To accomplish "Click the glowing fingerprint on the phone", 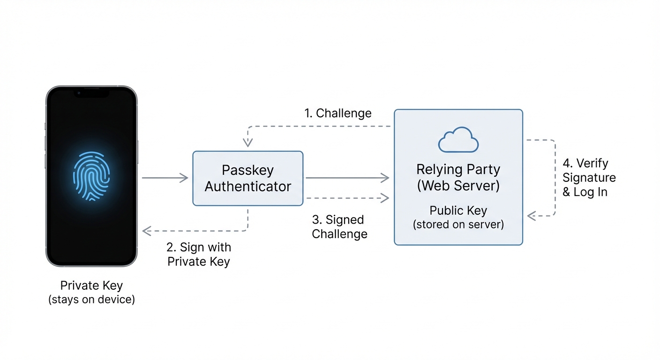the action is [x=91, y=176].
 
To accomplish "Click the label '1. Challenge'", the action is [x=337, y=113].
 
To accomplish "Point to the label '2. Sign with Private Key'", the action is [x=199, y=254].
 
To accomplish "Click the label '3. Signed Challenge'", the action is [x=339, y=226].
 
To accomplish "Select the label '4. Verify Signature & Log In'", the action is [x=589, y=178].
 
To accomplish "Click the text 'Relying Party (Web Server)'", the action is [x=458, y=177].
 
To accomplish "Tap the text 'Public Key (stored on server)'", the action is [x=458, y=217].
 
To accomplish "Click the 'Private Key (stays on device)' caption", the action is [x=91, y=292].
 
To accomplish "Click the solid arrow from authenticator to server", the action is [x=347, y=178].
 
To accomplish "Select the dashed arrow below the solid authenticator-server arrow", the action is [x=347, y=198].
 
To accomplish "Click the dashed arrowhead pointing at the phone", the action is [x=146, y=231].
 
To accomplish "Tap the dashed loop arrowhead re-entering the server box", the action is [x=531, y=216].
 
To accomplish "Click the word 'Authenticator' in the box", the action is [x=247, y=187].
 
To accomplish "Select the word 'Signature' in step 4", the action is [x=589, y=178].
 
